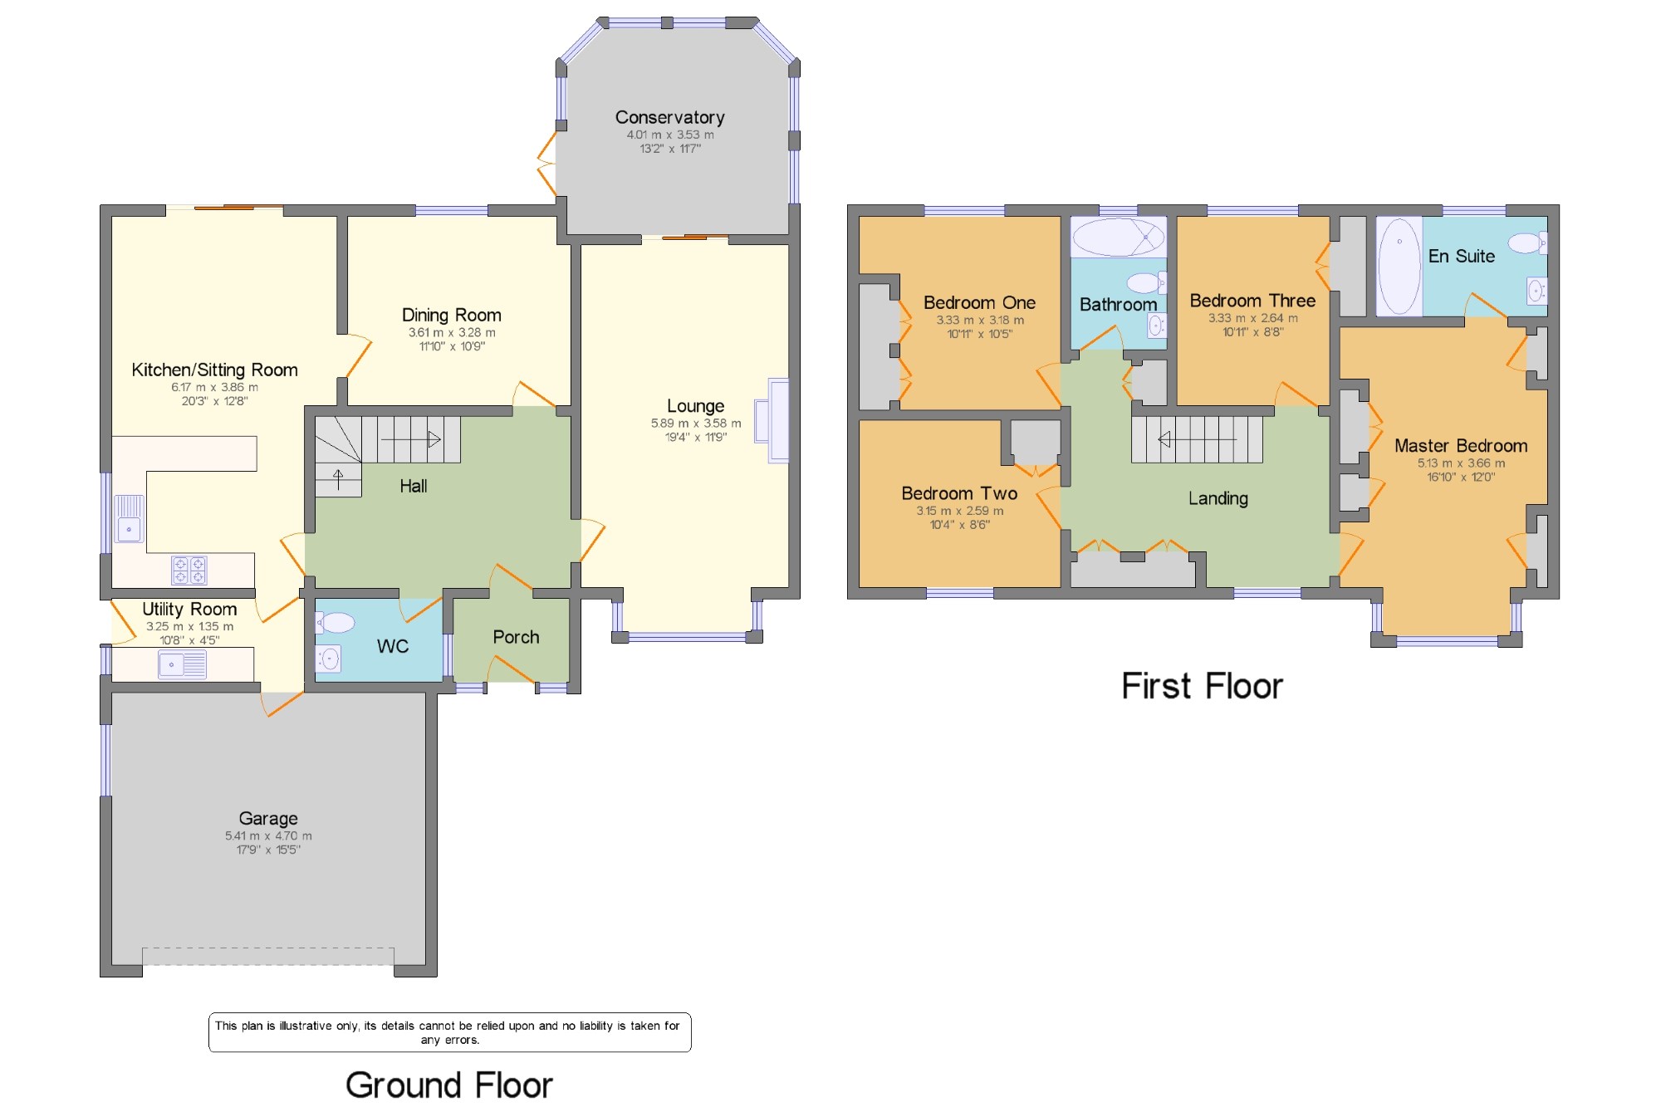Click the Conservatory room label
(x=669, y=118)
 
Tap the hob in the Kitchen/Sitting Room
(x=189, y=571)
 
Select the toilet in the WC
(x=336, y=622)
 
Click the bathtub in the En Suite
(x=1399, y=266)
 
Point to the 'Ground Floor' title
(x=449, y=1085)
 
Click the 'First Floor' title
(x=1202, y=686)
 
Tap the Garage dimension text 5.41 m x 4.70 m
(x=268, y=835)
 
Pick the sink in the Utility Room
(x=183, y=664)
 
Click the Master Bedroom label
(x=1461, y=446)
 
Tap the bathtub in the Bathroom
(x=1118, y=237)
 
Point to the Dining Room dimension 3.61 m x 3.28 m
(x=452, y=332)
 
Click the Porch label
(x=516, y=637)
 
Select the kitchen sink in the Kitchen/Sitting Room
(x=129, y=519)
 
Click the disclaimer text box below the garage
(x=449, y=1032)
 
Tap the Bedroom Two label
(x=959, y=493)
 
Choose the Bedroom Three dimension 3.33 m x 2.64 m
(x=1252, y=318)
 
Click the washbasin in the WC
(x=329, y=659)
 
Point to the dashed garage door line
(x=268, y=948)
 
